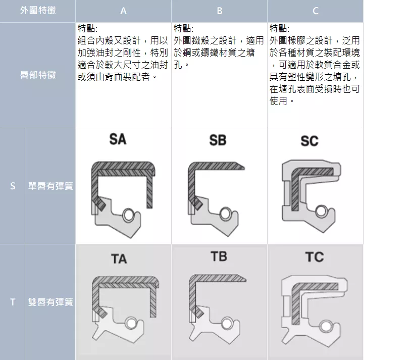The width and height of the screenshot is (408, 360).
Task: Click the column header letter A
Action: coord(123,11)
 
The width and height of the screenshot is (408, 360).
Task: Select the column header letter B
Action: coord(219,11)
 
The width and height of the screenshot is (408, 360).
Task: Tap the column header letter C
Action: coord(315,11)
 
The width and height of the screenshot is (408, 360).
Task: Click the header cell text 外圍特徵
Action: coord(38,10)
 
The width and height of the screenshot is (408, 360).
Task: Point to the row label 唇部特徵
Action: coord(38,75)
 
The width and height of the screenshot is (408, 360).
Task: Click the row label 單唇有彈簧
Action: coord(50,186)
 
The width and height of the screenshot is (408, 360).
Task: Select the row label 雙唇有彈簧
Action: coord(50,302)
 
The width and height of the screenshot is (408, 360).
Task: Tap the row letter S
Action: coord(13,186)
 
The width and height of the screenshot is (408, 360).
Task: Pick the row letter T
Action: coord(13,302)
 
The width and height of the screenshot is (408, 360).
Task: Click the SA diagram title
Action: coord(118,139)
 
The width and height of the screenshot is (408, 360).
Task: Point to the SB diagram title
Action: coord(218,140)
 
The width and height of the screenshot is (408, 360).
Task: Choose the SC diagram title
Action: coord(309,141)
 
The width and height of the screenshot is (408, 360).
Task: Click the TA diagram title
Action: coord(119,259)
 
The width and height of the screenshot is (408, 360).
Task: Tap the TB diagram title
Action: coord(219,256)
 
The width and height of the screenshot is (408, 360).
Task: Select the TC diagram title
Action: coord(315,257)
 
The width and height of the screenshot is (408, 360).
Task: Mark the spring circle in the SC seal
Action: coord(322,212)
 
